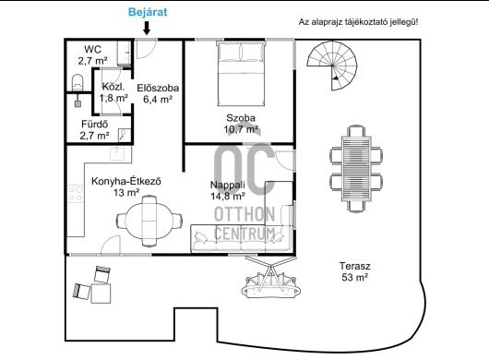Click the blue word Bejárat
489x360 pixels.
[148, 12]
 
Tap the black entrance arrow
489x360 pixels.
[147, 28]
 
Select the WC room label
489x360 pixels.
[93, 54]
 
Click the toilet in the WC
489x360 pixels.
[78, 82]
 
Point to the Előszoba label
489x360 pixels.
[158, 93]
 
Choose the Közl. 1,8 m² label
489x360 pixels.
[113, 92]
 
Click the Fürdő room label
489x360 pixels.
[94, 130]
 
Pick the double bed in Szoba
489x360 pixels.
[241, 73]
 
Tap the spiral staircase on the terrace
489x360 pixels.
[332, 66]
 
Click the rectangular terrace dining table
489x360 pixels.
[356, 169]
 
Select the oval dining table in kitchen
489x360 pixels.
[149, 221]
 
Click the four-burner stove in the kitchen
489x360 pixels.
[76, 194]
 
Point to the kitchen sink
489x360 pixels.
[117, 153]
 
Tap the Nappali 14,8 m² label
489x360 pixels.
[227, 190]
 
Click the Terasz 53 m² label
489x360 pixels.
[355, 271]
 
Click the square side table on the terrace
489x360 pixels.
[101, 293]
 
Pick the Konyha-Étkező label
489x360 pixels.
[126, 186]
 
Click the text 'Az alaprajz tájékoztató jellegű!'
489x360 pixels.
[358, 22]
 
